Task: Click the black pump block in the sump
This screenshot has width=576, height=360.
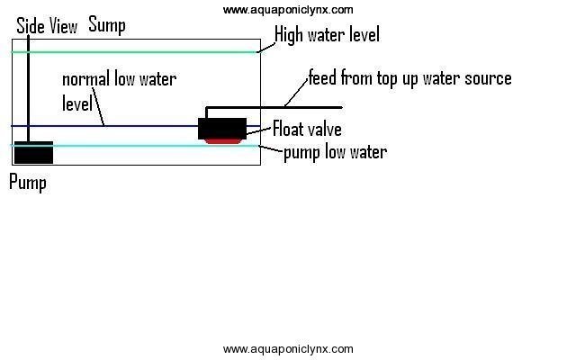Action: [33, 152]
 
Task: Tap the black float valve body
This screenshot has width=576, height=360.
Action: [222, 128]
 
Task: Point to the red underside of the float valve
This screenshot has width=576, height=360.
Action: [222, 140]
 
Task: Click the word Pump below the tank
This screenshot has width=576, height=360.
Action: [27, 183]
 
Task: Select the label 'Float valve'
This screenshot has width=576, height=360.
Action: [307, 130]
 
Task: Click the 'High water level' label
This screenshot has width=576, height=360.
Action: [327, 35]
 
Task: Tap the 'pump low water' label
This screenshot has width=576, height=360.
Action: [335, 152]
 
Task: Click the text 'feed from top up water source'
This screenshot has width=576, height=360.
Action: [409, 78]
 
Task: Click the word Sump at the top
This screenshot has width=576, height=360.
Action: [106, 24]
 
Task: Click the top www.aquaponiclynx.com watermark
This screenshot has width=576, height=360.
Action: [288, 10]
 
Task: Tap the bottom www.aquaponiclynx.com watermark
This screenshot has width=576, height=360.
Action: [288, 348]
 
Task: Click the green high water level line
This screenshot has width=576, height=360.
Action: [135, 52]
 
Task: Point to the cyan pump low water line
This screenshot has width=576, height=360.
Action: [135, 145]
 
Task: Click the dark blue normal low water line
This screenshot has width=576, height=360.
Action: [144, 126]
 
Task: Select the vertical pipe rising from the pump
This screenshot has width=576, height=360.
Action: [29, 90]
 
